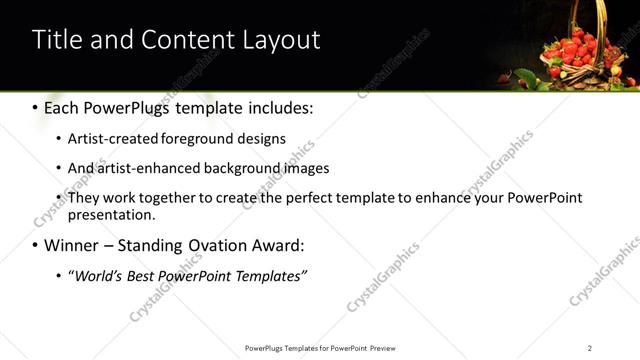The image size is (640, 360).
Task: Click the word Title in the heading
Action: click(56, 40)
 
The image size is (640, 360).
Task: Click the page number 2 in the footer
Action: click(590, 348)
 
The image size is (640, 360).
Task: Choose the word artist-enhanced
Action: click(147, 168)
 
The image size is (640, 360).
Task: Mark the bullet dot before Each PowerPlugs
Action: click(35, 107)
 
